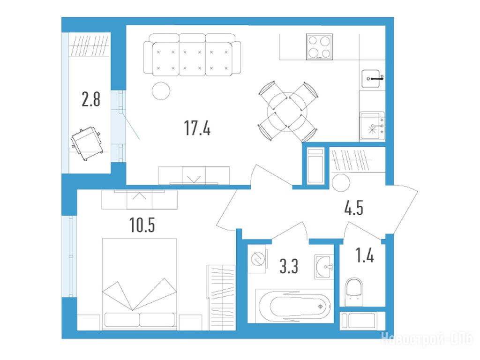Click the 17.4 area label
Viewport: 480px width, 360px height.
tap(197, 128)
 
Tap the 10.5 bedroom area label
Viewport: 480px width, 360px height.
tap(142, 225)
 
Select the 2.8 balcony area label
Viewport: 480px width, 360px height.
tap(91, 99)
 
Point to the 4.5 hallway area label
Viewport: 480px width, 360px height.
tap(353, 208)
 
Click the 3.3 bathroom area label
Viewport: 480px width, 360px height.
tap(289, 266)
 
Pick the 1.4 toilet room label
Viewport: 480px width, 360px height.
tap(364, 255)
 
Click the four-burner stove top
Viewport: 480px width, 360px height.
tap(319, 47)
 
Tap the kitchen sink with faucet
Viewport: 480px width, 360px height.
tap(372, 79)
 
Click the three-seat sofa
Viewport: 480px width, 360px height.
tap(192, 54)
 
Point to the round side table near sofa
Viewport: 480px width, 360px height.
tap(161, 91)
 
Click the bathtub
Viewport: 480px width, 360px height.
tap(294, 306)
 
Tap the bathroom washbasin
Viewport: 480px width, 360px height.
tap(324, 267)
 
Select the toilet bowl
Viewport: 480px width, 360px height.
tap(353, 292)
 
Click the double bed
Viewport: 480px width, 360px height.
tap(139, 284)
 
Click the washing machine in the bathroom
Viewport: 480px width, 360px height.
tap(258, 259)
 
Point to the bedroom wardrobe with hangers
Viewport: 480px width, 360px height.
tap(221, 298)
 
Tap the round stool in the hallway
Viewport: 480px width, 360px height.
tap(341, 182)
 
